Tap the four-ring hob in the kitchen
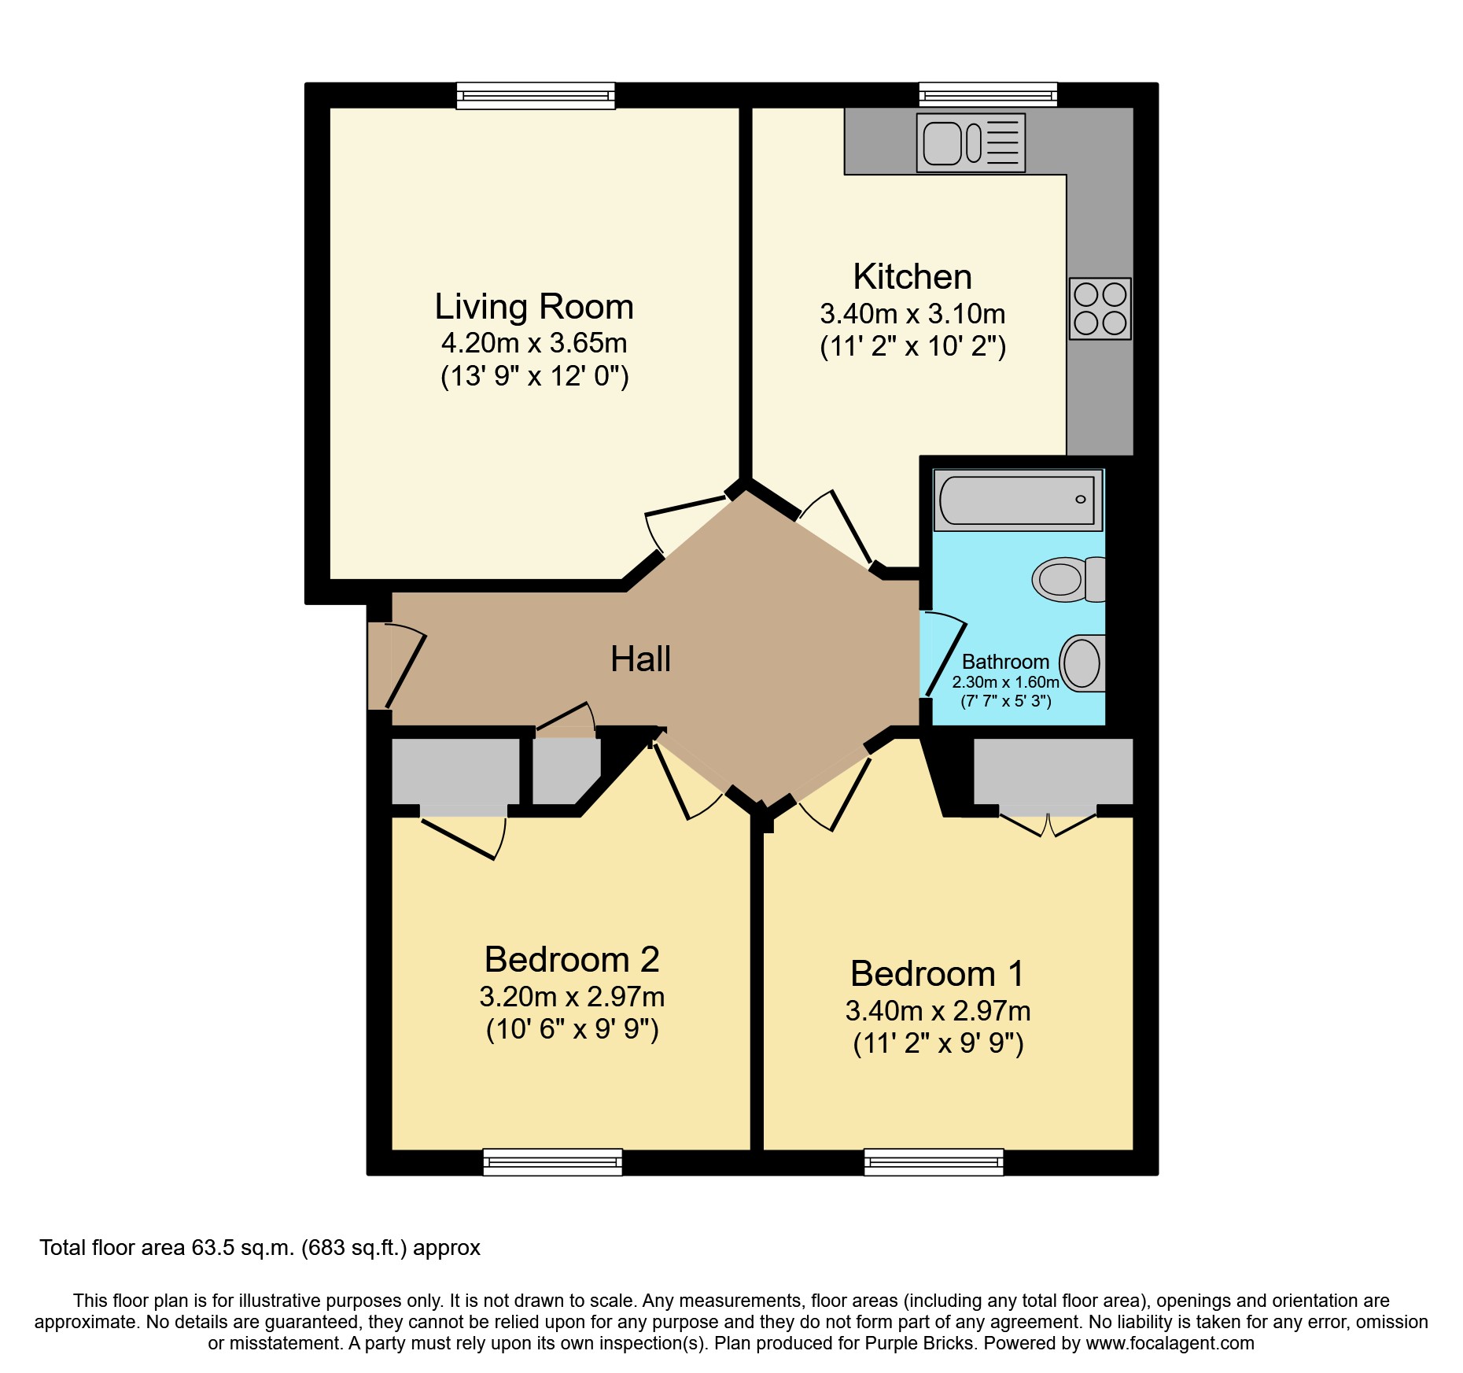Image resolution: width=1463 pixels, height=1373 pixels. pos(1100,308)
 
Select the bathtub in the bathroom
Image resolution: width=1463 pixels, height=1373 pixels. pos(1017,500)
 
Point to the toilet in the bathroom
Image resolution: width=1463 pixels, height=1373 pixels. pos(1068,580)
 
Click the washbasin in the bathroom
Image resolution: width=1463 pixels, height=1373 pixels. pos(1083,663)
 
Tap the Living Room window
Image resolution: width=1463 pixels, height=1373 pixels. pos(536,95)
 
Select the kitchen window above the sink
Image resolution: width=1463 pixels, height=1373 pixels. pos(988,95)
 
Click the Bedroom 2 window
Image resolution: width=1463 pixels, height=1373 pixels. pos(552,1161)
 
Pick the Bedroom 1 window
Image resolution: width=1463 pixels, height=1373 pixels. pos(934,1161)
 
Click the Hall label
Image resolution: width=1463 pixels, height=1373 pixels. pos(640,659)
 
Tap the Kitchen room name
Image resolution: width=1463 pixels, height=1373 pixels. pos(912,277)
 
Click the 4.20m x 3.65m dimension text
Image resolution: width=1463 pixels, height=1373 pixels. pos(534,343)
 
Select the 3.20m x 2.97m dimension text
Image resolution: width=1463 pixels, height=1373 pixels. pos(572,997)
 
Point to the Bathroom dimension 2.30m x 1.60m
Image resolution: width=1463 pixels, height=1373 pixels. pos(1005,682)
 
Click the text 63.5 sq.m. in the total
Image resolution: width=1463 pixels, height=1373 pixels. pos(243,1248)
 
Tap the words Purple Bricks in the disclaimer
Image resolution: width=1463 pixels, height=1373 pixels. pos(919,1343)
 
